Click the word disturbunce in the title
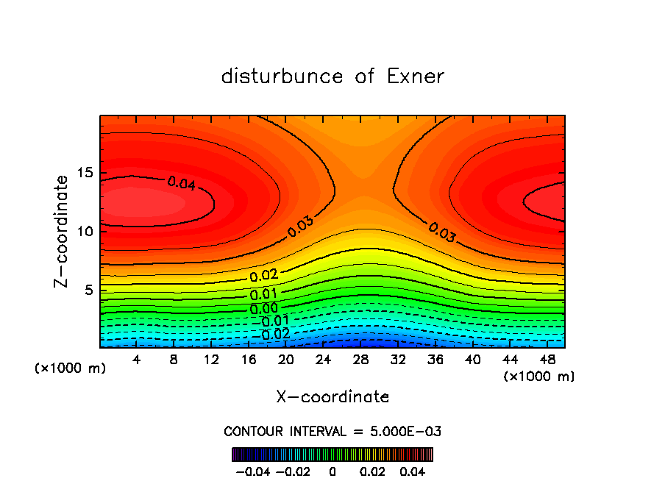click(x=282, y=76)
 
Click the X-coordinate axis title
click(x=332, y=397)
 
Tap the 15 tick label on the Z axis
click(x=85, y=173)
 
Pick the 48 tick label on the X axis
click(x=547, y=360)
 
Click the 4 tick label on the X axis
click(x=137, y=360)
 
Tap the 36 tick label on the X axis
click(x=435, y=360)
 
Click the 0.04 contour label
click(x=181, y=183)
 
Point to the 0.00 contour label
click(x=263, y=309)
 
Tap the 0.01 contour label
click(x=263, y=294)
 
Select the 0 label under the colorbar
click(x=332, y=471)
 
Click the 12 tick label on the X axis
click(x=211, y=360)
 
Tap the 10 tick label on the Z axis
click(x=85, y=231)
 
